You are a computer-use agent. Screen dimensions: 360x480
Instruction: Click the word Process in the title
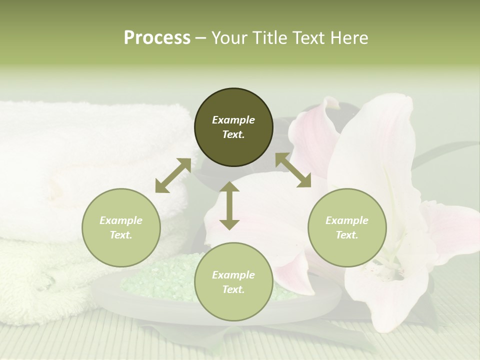coord(157,38)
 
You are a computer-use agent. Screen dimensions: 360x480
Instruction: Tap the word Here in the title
coord(349,38)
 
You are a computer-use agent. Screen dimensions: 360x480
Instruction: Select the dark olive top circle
coord(233,127)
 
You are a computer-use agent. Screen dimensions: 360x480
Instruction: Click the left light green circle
coord(121,227)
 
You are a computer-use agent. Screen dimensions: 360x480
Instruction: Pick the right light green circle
coord(347,227)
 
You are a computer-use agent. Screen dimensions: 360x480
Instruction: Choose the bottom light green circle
coord(233,282)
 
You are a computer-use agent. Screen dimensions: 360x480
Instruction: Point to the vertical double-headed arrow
coord(229,205)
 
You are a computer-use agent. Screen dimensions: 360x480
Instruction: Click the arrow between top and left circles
coord(173,175)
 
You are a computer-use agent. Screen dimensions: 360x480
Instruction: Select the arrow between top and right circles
coord(293,170)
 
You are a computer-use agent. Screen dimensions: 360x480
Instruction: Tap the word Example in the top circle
coord(233,120)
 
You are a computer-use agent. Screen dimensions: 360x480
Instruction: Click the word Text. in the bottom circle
coord(233,289)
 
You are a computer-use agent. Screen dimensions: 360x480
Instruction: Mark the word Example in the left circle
coord(121,220)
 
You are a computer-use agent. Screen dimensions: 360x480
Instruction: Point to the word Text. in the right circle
coord(347,235)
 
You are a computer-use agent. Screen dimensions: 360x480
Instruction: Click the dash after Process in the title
coord(201,38)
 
